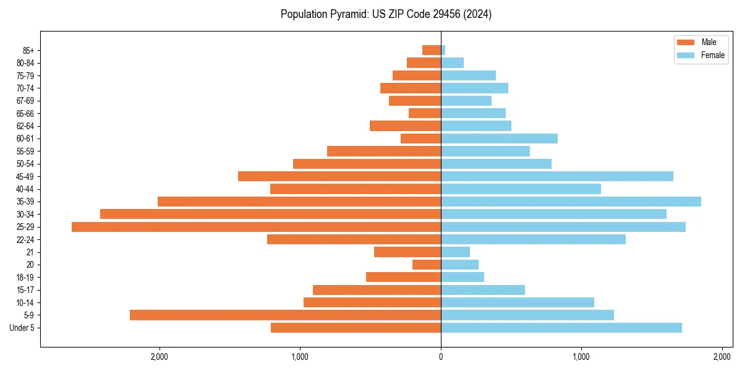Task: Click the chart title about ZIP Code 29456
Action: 386,14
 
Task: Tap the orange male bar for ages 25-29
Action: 256,227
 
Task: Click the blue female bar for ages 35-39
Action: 571,202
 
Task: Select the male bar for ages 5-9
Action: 285,315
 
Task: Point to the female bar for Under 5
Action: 561,328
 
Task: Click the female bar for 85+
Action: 443,50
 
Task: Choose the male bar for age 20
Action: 427,265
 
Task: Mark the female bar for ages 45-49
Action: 557,176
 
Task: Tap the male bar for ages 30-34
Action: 270,214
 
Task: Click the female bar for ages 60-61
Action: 499,139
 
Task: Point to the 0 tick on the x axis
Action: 441,357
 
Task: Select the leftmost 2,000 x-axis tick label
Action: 160,357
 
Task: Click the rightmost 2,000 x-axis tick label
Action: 722,357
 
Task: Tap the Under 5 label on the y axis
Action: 22,328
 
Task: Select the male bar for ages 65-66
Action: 425,113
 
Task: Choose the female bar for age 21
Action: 455,252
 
